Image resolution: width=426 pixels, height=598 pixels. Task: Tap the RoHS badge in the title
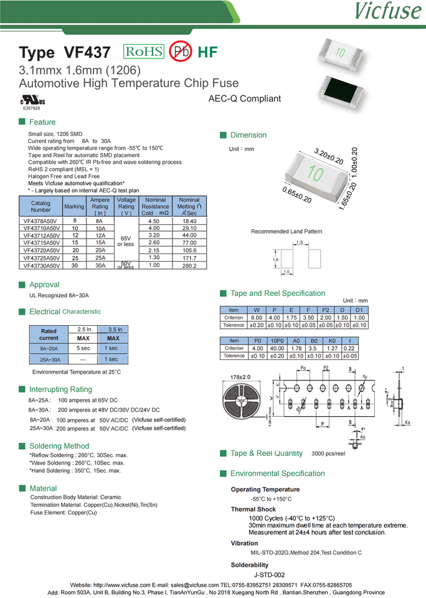coord(144,52)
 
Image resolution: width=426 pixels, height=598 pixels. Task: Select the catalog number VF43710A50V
coord(41,229)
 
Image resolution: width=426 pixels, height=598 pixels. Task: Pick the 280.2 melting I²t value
coord(189,266)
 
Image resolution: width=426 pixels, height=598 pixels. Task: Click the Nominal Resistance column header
coord(155,207)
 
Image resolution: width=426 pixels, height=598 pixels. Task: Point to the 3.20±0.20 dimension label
coord(329,156)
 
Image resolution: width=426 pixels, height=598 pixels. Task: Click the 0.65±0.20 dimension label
coord(296,194)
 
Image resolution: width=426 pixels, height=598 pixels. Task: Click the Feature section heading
coord(42,122)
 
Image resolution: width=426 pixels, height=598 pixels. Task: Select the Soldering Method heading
coord(59,446)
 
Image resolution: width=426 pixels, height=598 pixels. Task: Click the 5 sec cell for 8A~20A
coord(83,348)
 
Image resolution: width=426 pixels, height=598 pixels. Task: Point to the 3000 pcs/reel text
coord(328,454)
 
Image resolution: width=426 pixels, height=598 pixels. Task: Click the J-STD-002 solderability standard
coord(270,575)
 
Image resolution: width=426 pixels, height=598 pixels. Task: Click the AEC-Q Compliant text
coord(244,98)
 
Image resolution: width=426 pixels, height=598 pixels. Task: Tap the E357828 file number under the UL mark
coord(31,108)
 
